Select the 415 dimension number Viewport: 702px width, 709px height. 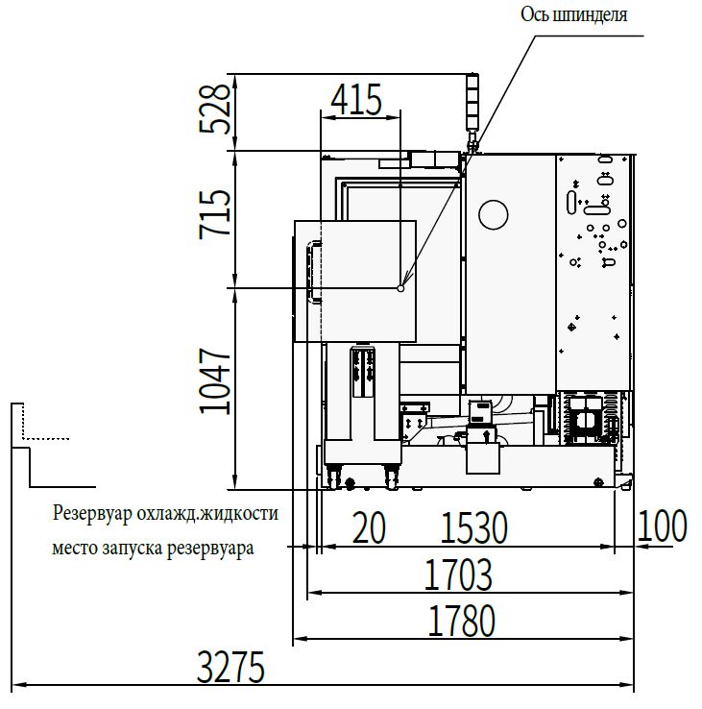point(356,99)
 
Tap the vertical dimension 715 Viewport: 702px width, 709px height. point(215,214)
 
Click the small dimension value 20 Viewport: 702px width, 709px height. point(369,527)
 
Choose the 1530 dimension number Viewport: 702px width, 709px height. point(473,527)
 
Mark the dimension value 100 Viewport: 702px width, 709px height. point(663,526)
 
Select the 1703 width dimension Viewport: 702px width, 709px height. point(458,575)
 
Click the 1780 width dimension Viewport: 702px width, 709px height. point(461,621)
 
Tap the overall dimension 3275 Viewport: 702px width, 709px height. point(230,668)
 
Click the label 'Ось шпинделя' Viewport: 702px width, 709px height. point(574,15)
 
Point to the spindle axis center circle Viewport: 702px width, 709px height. point(400,288)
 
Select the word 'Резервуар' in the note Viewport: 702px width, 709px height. point(92,514)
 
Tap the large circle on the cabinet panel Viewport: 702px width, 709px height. point(494,214)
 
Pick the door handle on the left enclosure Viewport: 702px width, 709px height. point(314,271)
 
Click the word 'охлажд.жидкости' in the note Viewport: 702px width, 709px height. point(207,514)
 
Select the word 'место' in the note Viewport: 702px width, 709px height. point(75,548)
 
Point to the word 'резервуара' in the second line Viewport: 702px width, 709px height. point(210,549)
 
